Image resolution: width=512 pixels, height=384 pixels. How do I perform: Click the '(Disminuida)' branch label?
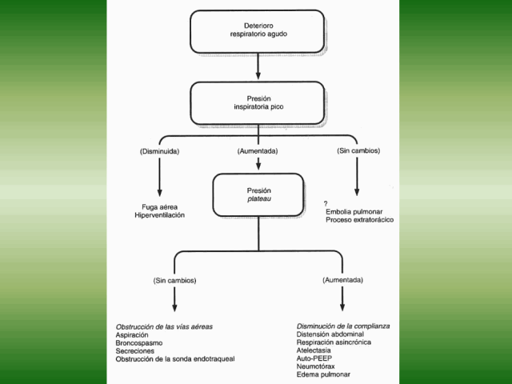point(161,151)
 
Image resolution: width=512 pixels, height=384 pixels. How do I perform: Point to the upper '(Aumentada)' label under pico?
point(258,151)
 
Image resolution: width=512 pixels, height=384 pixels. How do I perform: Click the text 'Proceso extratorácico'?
point(359,220)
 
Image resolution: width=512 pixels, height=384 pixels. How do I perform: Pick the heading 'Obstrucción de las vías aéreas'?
point(164,327)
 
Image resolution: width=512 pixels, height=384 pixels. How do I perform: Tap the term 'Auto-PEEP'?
point(314,358)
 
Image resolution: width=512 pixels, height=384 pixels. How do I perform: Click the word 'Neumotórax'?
point(318,366)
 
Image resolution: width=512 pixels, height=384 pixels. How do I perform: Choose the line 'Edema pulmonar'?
point(323,374)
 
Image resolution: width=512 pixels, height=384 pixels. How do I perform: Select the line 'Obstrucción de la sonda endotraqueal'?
point(175,359)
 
